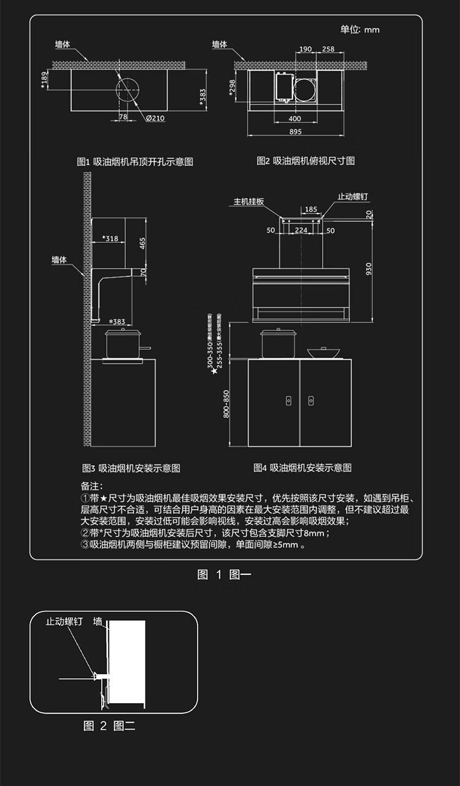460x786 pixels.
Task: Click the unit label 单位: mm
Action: [360, 29]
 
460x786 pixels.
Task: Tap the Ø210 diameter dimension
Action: [155, 118]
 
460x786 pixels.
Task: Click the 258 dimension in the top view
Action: [328, 49]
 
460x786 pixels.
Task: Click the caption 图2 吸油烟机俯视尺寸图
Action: [305, 161]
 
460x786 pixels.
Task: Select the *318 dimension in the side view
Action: [110, 238]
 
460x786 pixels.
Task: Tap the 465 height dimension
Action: [142, 244]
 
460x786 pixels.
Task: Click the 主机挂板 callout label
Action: [248, 201]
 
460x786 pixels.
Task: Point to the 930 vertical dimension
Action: [369, 269]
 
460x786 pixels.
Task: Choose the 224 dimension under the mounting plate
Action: [301, 231]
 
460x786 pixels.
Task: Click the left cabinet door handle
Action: [289, 400]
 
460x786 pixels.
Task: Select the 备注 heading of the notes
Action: [93, 486]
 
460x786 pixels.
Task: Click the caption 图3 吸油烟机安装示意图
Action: [131, 468]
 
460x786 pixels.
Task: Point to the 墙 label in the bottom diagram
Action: [98, 622]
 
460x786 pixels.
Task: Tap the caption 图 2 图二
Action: [109, 726]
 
